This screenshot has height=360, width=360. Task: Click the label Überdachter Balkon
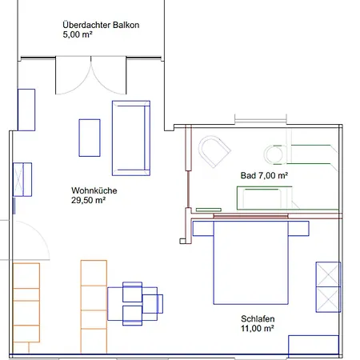click(101, 25)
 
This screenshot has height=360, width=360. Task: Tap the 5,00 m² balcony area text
click(79, 35)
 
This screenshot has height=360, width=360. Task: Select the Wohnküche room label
click(90, 190)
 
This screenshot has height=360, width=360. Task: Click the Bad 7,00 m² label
click(264, 174)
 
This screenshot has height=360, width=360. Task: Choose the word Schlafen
click(258, 317)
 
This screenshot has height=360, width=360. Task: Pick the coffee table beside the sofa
click(90, 137)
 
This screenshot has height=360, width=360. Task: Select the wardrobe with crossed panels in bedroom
click(328, 286)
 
